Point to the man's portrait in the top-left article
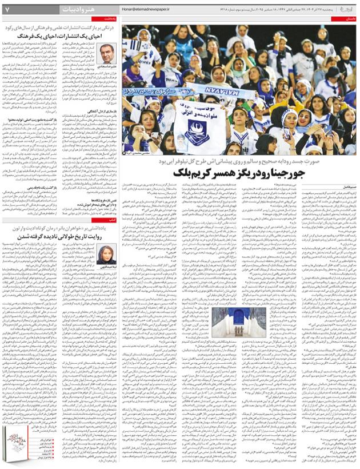[107, 55]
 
